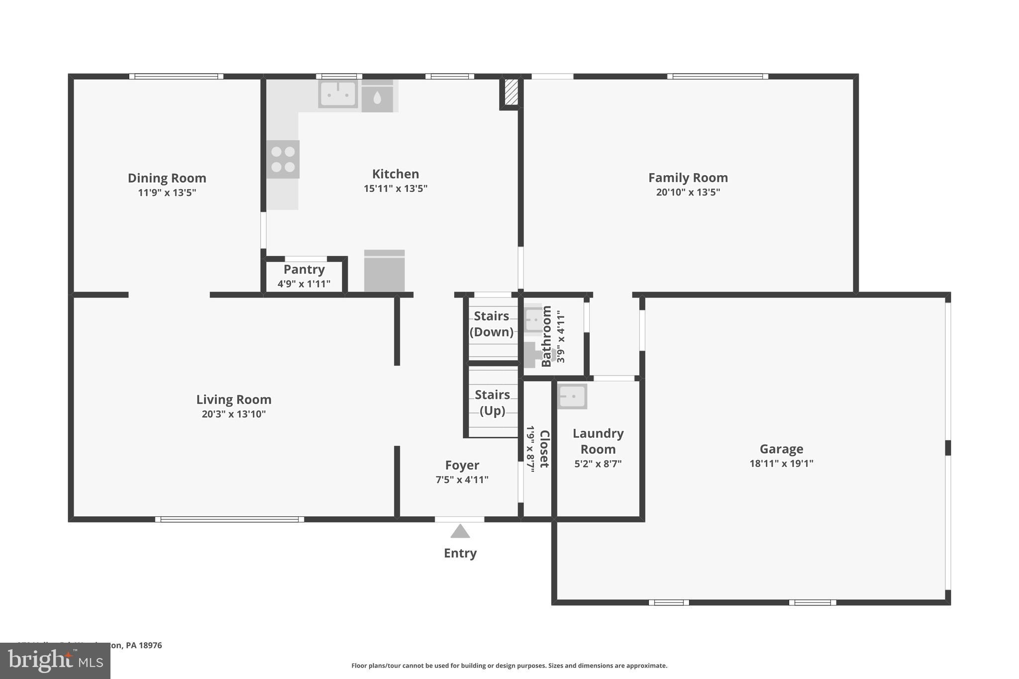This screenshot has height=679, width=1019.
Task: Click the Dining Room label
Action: pyautogui.click(x=167, y=178)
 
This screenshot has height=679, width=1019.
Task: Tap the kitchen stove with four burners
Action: pyautogui.click(x=283, y=159)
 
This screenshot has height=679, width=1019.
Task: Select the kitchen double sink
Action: pyautogui.click(x=338, y=94)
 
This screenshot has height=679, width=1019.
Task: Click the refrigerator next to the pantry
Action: pyautogui.click(x=384, y=271)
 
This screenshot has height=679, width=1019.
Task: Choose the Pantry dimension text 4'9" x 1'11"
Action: pyautogui.click(x=304, y=284)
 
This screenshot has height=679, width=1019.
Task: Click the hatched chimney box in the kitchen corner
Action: pyautogui.click(x=511, y=93)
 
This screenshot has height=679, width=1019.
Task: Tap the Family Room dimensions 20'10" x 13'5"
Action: pyautogui.click(x=688, y=192)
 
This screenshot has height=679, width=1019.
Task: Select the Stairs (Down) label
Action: pyautogui.click(x=491, y=324)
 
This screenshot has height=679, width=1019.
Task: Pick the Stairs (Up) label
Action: pyautogui.click(x=492, y=402)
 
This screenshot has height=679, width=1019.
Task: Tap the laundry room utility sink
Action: pyautogui.click(x=572, y=396)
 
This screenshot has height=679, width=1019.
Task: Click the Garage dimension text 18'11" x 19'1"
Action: pyautogui.click(x=781, y=463)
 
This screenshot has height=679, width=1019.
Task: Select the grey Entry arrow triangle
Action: pyautogui.click(x=460, y=532)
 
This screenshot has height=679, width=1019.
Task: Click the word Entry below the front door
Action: pyautogui.click(x=460, y=553)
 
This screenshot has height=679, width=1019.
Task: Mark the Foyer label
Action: pyautogui.click(x=462, y=465)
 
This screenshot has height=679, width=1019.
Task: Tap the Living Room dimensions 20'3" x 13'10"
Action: pyautogui.click(x=233, y=414)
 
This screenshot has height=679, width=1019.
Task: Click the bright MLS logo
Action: pyautogui.click(x=55, y=661)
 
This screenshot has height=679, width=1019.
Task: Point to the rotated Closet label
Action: pyautogui.click(x=544, y=449)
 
